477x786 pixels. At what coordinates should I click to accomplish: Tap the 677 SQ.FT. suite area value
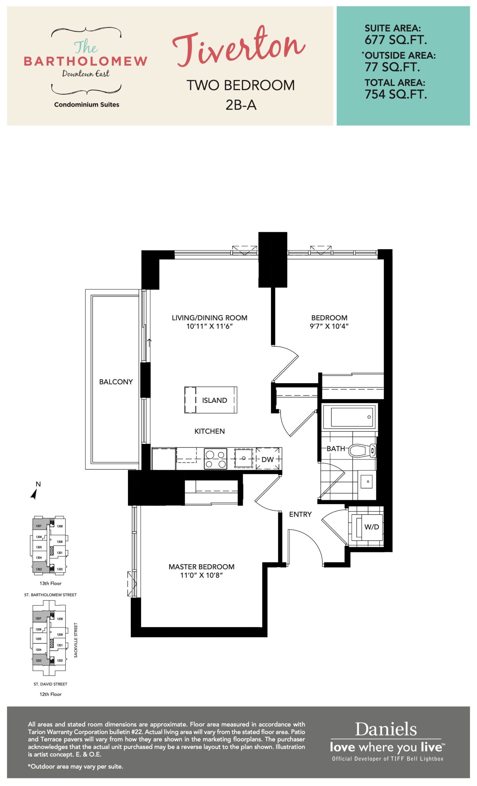point(395,40)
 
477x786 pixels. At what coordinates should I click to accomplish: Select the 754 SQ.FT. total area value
point(395,95)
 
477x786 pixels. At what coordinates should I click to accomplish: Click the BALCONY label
point(116,382)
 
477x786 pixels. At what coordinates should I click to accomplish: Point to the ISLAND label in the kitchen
point(214,400)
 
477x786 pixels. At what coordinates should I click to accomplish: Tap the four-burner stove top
point(215,459)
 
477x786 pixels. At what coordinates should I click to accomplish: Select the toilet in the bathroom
point(362,451)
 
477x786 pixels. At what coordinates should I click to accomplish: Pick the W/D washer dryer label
point(371,527)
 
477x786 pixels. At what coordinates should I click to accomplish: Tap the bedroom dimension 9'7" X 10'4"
point(329,326)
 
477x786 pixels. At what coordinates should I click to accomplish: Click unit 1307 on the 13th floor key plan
point(39,526)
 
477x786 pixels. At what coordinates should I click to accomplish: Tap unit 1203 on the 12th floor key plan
point(39,660)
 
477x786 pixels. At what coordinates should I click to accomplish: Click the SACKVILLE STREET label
point(76,640)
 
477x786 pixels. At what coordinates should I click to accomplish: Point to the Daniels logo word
point(386,730)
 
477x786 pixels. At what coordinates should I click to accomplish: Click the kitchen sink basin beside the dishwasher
point(244,458)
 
